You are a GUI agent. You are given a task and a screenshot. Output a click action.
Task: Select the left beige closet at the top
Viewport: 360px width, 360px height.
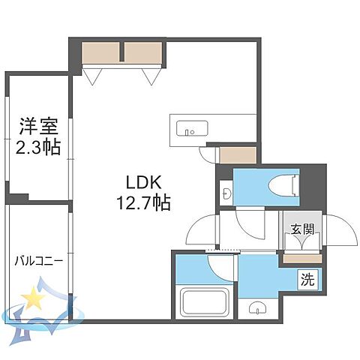(x=102, y=52)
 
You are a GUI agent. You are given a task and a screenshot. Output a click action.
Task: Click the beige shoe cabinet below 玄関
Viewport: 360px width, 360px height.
(x=301, y=259)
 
